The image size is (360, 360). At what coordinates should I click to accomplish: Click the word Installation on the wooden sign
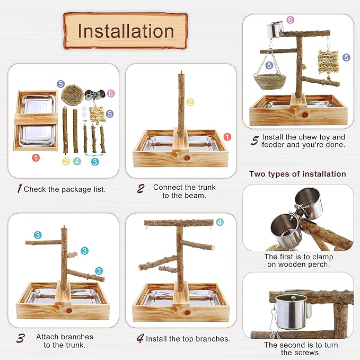126,31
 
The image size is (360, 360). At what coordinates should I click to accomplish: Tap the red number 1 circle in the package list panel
36,157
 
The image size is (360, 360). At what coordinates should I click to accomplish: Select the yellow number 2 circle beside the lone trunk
190,102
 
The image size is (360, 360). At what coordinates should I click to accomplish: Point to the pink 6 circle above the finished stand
291,20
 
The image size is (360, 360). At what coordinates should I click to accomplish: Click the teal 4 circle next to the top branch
219,222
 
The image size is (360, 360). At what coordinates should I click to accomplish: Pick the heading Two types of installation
297,174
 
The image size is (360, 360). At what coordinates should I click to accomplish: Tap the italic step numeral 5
254,141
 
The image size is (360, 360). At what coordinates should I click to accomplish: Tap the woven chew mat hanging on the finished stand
328,62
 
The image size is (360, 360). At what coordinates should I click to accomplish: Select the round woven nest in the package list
72,94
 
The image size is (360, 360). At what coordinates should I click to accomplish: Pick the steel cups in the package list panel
94,95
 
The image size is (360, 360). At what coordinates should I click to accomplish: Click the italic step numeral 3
21,338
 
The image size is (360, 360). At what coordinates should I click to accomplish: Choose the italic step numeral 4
141,338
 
